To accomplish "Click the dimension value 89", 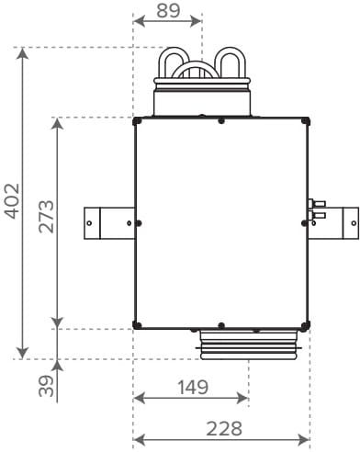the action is click(168, 11).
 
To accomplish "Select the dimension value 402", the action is click(13, 201).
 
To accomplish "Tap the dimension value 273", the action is click(47, 216).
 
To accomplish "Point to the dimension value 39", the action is click(47, 386).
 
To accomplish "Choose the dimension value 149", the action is click(193, 387).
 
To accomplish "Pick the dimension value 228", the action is click(224, 429).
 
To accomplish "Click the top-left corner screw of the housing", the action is click(138, 121).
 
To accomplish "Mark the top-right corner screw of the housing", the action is click(305, 121).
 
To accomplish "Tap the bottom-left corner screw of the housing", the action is click(138, 325).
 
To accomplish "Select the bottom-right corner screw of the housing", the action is click(305, 325).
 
